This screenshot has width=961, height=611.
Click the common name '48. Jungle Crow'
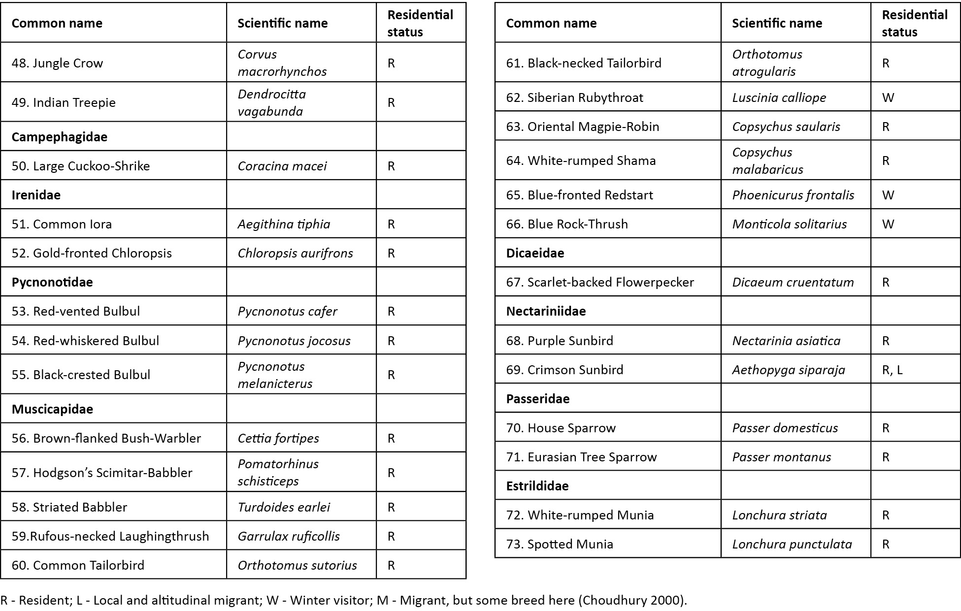click(x=57, y=63)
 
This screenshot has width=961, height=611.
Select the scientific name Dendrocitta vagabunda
click(x=271, y=102)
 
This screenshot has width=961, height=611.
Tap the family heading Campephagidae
click(x=59, y=137)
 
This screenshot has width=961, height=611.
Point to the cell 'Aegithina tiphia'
click(x=284, y=224)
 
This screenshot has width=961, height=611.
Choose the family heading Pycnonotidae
click(x=52, y=282)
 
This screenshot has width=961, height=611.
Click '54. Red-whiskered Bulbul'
click(x=85, y=341)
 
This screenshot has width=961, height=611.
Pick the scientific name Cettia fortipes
click(x=278, y=438)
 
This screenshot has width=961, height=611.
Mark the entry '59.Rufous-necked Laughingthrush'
click(x=110, y=536)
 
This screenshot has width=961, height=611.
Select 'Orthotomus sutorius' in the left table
click(x=297, y=565)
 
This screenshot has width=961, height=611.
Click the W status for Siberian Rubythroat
click(x=888, y=97)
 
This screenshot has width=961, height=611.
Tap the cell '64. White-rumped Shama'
click(x=581, y=161)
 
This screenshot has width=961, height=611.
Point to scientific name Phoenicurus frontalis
click(x=793, y=195)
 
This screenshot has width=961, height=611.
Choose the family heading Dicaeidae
click(x=535, y=253)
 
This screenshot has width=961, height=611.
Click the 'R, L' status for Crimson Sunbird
click(x=892, y=370)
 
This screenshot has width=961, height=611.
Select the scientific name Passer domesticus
click(x=785, y=428)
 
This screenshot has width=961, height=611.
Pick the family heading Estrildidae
click(x=537, y=486)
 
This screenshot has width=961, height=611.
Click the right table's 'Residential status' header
click(x=914, y=23)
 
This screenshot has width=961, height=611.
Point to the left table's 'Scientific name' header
click(x=282, y=23)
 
